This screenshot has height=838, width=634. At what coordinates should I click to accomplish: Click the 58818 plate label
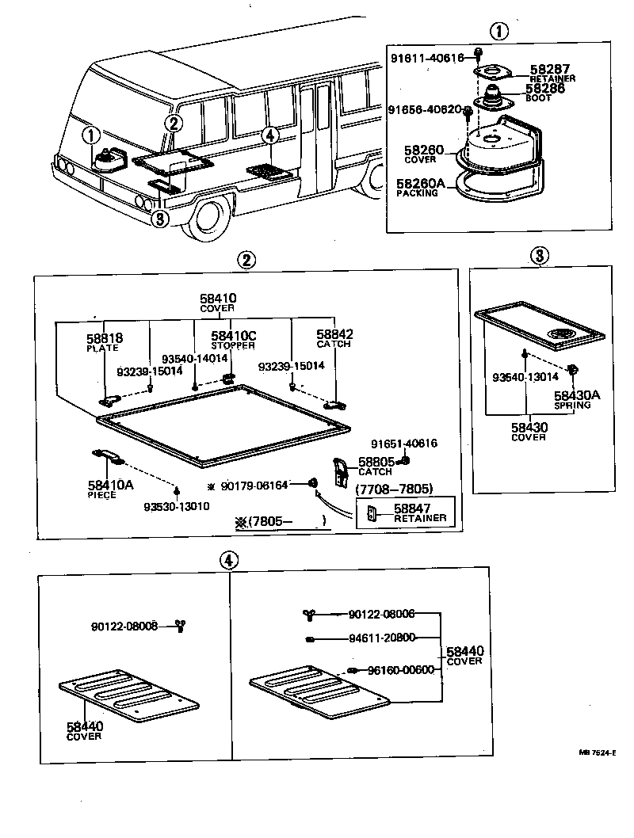[x=105, y=338]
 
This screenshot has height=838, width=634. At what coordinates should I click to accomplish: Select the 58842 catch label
[x=334, y=335]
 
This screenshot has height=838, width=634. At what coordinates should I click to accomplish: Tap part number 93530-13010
[x=176, y=507]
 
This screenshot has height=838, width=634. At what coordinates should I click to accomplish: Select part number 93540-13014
[x=520, y=377]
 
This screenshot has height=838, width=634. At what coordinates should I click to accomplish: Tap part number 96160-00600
[x=400, y=669]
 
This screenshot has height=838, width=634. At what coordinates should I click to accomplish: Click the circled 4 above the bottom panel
[x=228, y=559]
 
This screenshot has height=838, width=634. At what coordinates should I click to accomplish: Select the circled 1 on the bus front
[x=92, y=135]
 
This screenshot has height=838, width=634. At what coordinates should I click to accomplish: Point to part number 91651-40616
[x=404, y=444]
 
